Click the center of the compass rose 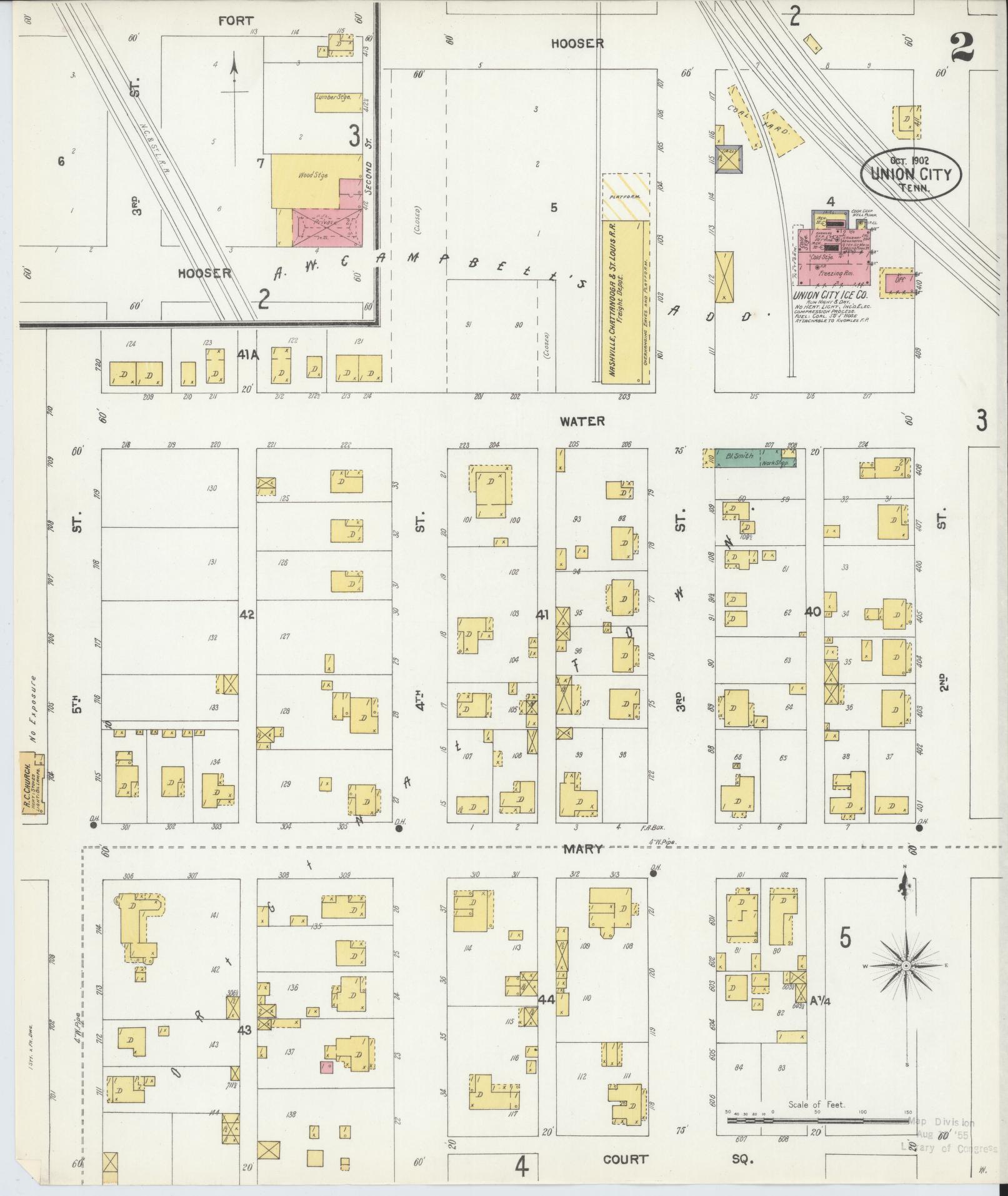tap(905, 985)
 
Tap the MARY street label tap(582, 849)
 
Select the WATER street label tap(582, 422)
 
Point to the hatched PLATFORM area tap(626, 196)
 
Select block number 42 tap(246, 615)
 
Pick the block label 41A tap(247, 355)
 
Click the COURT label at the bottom tap(625, 1160)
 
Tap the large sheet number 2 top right tap(962, 48)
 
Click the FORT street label tap(236, 21)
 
